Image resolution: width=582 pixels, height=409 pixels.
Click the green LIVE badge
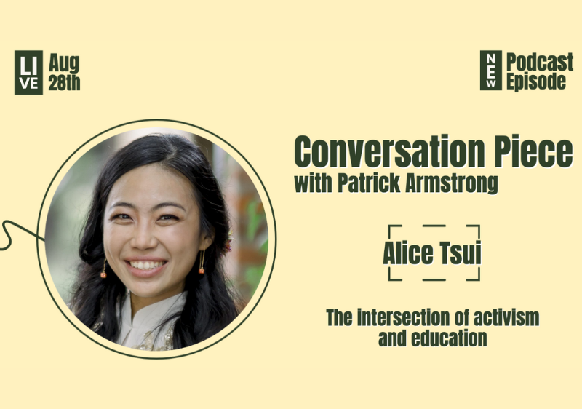(28, 73)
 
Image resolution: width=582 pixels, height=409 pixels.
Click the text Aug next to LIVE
(63, 63)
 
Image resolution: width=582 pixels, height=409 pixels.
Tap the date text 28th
(64, 82)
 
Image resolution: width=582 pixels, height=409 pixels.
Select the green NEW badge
(491, 71)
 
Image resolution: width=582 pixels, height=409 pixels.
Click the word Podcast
(536, 62)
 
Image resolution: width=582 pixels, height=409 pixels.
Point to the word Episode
(536, 82)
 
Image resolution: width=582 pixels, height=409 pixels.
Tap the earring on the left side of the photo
(103, 271)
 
